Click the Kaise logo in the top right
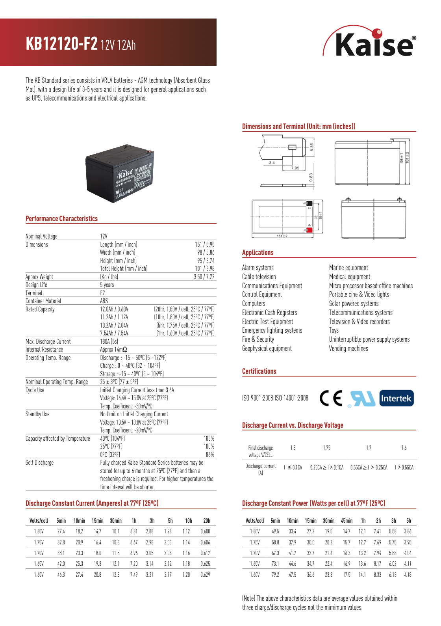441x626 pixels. point(370,43)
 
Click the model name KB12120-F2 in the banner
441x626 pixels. point(61,44)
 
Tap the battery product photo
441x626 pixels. point(120,173)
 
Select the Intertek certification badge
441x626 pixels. point(396,398)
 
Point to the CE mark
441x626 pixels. point(331,398)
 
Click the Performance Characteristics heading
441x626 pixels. point(61,219)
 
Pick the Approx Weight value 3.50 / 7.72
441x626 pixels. point(204,277)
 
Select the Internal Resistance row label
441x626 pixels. point(44,350)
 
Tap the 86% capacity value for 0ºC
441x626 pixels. point(210,455)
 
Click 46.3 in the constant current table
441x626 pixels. point(61,575)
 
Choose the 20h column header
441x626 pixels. point(206,521)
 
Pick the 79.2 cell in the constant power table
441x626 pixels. point(275,575)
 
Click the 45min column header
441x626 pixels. point(346,521)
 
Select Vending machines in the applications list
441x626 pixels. point(348,348)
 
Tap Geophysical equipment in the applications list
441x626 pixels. point(267,348)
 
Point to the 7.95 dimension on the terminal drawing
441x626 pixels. point(295,168)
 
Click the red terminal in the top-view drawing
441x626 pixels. point(309,230)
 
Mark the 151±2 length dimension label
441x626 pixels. point(282,236)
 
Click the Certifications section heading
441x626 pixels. point(259,371)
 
